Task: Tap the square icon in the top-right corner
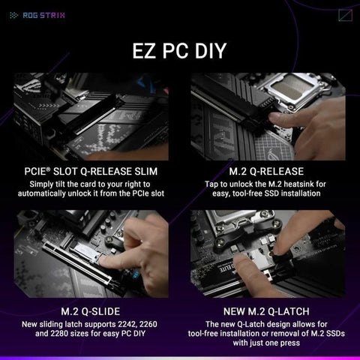(346, 13)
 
